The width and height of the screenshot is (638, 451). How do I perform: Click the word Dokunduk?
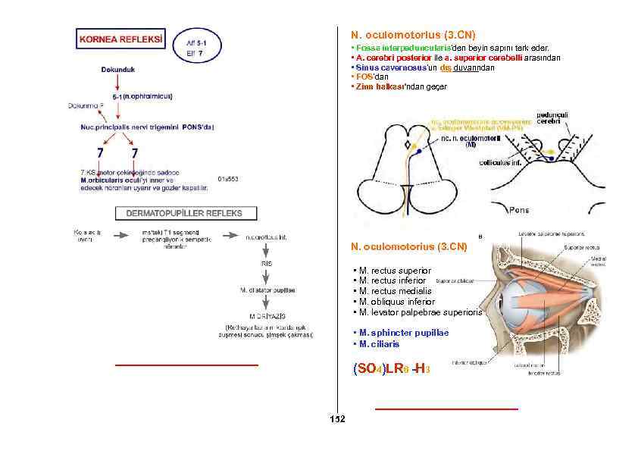point(118,69)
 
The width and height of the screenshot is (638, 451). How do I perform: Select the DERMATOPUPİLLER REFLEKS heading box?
point(185,213)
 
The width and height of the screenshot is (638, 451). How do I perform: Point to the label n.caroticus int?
point(267,236)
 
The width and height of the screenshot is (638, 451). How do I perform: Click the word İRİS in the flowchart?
point(267,263)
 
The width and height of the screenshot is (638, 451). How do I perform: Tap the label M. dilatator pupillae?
point(267,290)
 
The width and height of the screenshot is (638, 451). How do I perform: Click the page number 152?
point(337,419)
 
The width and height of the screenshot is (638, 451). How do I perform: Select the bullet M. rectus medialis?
point(395,291)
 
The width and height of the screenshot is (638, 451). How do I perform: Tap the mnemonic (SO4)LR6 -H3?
point(392,369)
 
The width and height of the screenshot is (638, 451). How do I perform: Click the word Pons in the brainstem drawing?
point(519,209)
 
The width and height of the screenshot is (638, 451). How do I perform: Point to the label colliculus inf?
point(500,161)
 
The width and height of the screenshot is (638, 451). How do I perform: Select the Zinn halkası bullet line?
point(400,87)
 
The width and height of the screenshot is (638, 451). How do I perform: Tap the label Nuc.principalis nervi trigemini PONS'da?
point(147,127)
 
